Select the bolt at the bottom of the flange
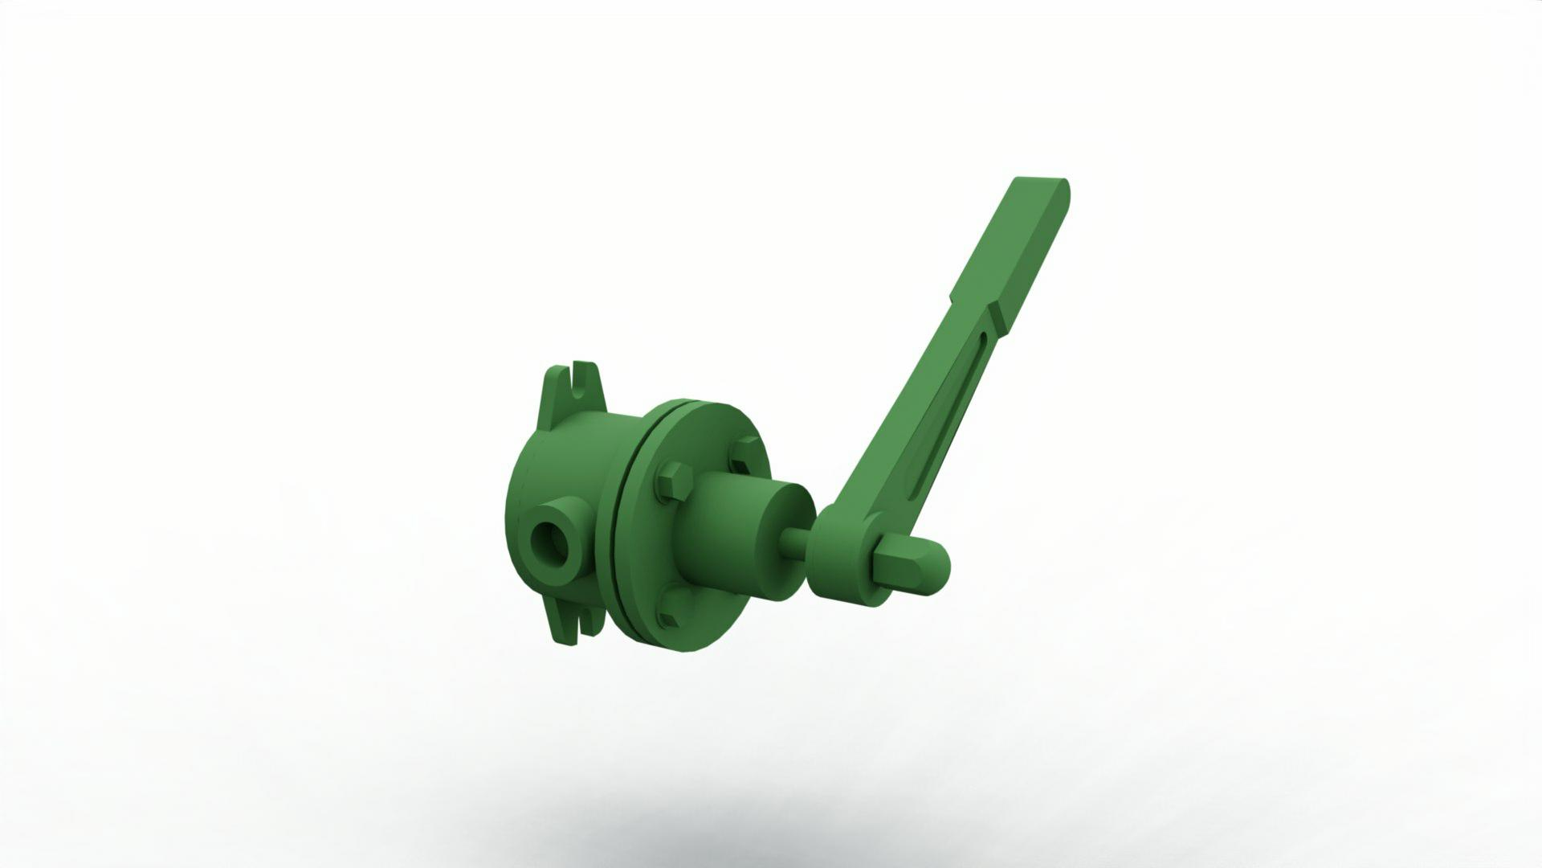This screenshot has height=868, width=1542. (669, 617)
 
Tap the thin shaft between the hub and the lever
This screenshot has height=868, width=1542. (795, 545)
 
